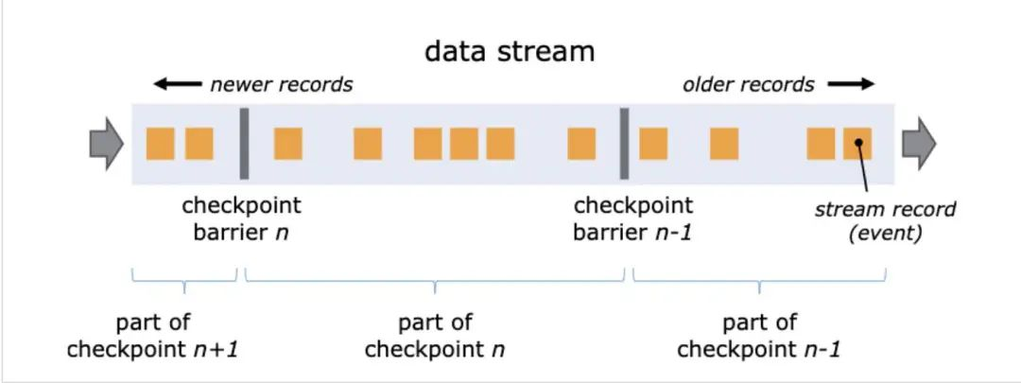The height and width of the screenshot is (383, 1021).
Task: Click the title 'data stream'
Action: point(510,50)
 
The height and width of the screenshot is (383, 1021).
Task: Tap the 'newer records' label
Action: point(281,84)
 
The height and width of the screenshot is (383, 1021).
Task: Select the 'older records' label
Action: point(748,84)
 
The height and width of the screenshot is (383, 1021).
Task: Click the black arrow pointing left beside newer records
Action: point(177,84)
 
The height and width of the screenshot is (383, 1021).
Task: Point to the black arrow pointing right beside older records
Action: point(851,84)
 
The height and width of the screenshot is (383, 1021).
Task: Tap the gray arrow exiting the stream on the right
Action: point(918,144)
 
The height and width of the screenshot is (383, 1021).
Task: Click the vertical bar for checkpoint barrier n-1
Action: point(624,144)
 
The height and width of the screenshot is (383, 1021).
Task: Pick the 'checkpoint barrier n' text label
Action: point(241,218)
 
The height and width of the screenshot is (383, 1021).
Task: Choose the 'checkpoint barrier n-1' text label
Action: point(632,218)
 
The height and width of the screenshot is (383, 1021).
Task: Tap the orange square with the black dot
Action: point(857,144)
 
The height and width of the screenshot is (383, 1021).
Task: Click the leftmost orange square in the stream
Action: point(161,144)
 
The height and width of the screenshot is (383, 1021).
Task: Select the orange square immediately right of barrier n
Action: point(288,144)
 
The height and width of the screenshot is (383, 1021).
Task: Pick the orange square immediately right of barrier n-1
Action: point(653,144)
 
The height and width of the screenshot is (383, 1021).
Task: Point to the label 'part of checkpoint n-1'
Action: point(759,336)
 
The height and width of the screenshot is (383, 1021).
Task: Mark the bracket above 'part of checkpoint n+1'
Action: point(183,277)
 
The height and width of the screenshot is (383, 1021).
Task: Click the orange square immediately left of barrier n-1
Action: point(581,144)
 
